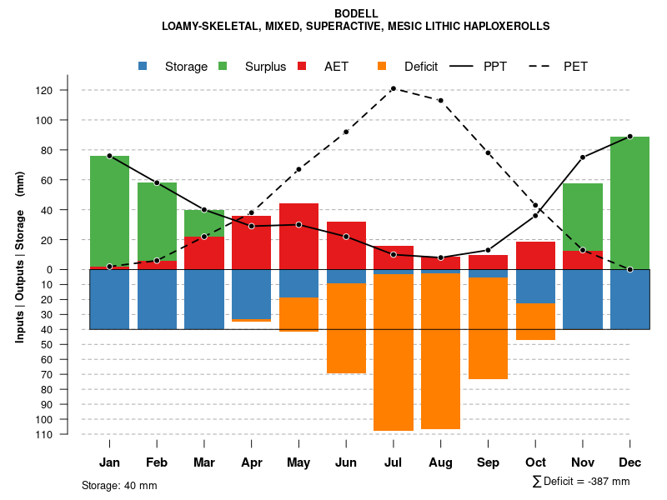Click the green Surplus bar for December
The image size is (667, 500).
tap(629, 202)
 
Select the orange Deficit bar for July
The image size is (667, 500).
tap(394, 352)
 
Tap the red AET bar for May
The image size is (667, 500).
tap(298, 236)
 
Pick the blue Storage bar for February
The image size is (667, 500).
tap(157, 299)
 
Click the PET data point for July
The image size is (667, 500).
tap(393, 88)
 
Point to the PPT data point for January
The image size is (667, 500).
tap(109, 156)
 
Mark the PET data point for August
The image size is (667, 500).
tap(440, 100)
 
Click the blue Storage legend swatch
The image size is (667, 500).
tap(143, 66)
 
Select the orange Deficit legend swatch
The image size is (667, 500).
tap(382, 66)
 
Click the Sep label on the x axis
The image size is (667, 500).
tap(488, 462)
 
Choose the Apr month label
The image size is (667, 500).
tap(251, 462)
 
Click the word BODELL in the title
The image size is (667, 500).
tap(356, 13)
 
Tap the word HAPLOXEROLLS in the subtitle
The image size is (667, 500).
tap(506, 26)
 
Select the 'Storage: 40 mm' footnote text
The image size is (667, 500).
tap(119, 485)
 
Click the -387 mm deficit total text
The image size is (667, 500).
tap(607, 482)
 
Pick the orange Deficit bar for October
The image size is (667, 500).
tap(535, 322)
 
